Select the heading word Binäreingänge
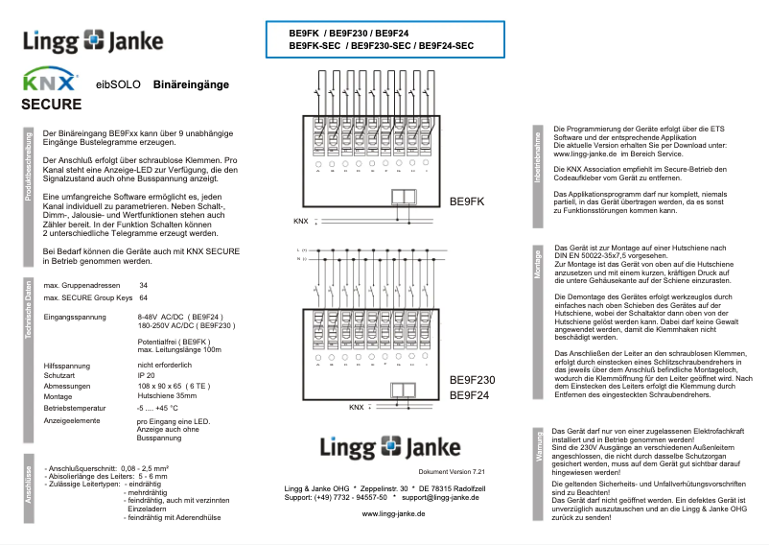pyautogui.click(x=191, y=85)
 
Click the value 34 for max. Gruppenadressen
pyautogui.click(x=143, y=286)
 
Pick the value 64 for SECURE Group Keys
pyautogui.click(x=143, y=297)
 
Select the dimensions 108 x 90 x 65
pyautogui.click(x=173, y=386)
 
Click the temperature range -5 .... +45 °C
pyautogui.click(x=157, y=408)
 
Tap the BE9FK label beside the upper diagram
pyautogui.click(x=467, y=202)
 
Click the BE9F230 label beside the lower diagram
pyautogui.click(x=472, y=380)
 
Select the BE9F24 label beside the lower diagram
pyautogui.click(x=469, y=395)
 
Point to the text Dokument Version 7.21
pyautogui.click(x=453, y=472)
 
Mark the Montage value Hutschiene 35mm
pyautogui.click(x=168, y=395)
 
